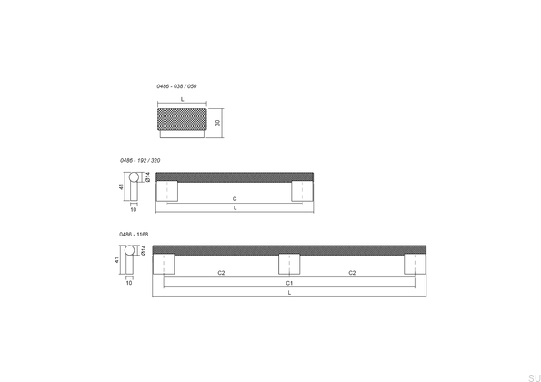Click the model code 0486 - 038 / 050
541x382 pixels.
click(176, 85)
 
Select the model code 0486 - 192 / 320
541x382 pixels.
click(140, 160)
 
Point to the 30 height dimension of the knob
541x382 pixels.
click(218, 122)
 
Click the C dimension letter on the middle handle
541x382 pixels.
click(235, 197)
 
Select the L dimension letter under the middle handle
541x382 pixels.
click(235, 208)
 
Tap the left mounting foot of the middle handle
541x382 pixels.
click(167, 191)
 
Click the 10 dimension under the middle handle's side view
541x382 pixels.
click(133, 209)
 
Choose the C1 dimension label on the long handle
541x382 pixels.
click(289, 283)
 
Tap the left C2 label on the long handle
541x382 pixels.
click(222, 272)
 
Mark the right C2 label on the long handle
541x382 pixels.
click(352, 272)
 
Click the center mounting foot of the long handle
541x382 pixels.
click(289, 264)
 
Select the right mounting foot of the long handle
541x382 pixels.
click(415, 264)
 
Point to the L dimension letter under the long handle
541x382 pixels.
click(289, 293)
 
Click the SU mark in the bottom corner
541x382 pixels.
click(533, 376)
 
